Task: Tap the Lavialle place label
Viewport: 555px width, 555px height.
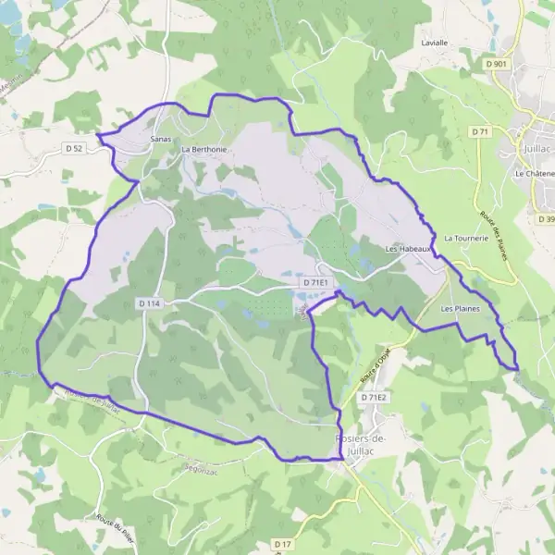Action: (x=434, y=43)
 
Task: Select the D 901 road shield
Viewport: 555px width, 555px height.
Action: (x=495, y=64)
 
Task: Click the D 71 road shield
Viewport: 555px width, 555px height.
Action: (x=479, y=132)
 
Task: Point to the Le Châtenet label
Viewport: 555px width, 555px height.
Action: (x=535, y=173)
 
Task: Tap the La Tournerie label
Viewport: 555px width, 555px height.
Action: (x=465, y=238)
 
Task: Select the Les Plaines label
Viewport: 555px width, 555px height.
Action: (x=461, y=308)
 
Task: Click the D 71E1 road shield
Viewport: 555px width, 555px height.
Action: (x=316, y=280)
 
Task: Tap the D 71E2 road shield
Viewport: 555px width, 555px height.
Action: (x=373, y=397)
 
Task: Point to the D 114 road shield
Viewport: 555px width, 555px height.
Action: (x=150, y=302)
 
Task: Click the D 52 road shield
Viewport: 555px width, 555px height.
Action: (x=75, y=147)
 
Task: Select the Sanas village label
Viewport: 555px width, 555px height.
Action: (x=161, y=138)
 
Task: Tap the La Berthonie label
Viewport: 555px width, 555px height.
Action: (x=204, y=148)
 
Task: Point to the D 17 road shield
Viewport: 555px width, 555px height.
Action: (x=282, y=544)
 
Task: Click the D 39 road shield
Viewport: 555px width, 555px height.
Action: (x=545, y=218)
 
